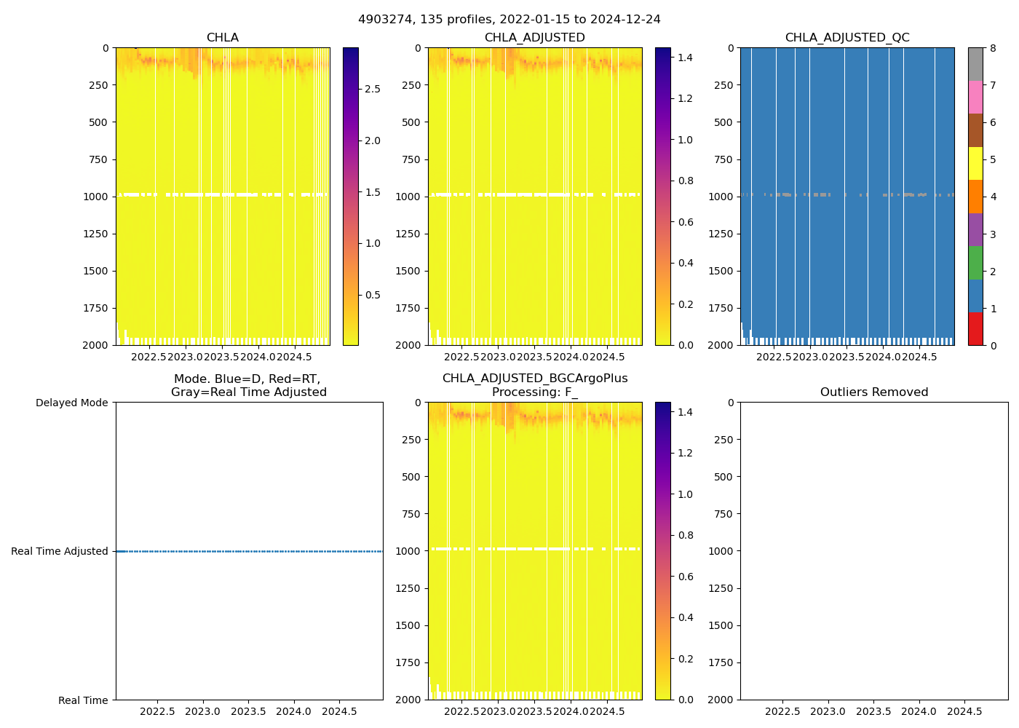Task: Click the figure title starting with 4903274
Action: pos(509,20)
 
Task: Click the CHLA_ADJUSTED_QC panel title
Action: pos(847,38)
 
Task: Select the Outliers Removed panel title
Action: pos(874,392)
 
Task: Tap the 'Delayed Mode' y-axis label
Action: pos(71,403)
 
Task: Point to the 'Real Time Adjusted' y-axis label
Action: pos(60,551)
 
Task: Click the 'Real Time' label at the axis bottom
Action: pos(83,700)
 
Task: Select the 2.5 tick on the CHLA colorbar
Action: pos(373,89)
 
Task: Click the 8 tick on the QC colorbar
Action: pos(993,48)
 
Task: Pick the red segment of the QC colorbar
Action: pos(975,329)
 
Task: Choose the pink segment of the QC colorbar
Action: pos(975,97)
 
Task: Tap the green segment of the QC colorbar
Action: pos(975,263)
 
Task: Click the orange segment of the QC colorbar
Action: pos(975,197)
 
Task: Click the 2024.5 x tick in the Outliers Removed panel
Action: pos(964,711)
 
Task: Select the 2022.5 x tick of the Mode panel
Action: pos(157,711)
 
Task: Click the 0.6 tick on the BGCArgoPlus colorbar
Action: pos(686,577)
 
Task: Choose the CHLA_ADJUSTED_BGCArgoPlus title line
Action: pos(535,379)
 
